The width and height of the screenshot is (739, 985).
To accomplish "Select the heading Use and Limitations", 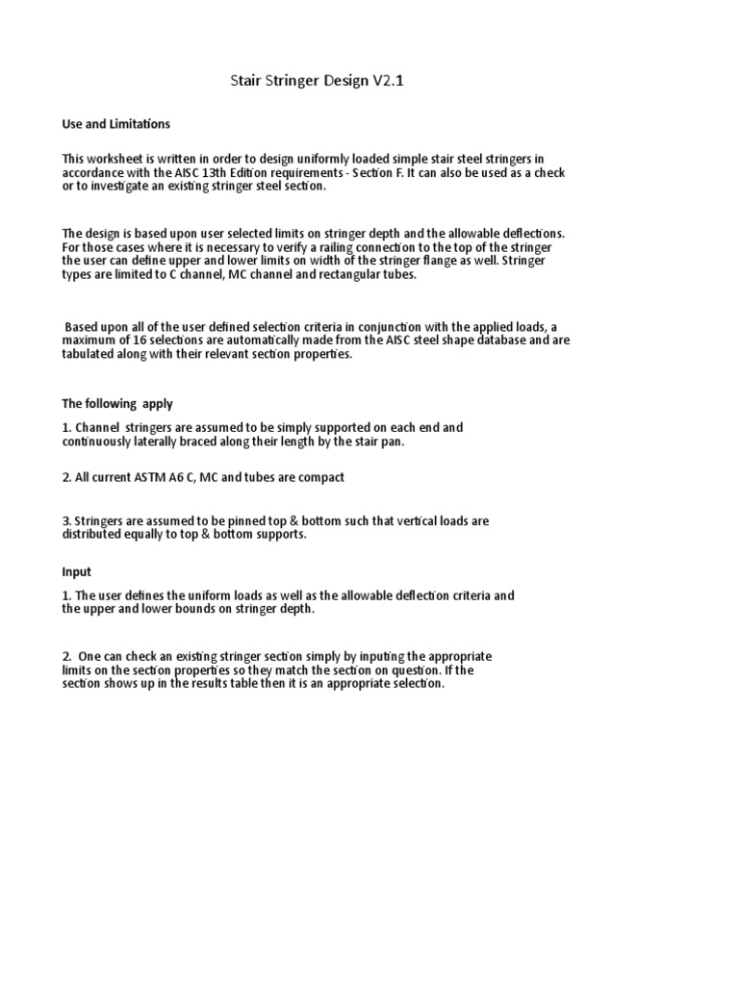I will [116, 124].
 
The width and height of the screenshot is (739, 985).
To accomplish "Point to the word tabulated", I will [91, 354].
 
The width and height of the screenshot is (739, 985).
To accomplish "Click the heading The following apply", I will [117, 404].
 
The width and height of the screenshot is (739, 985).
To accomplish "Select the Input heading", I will [77, 571].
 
